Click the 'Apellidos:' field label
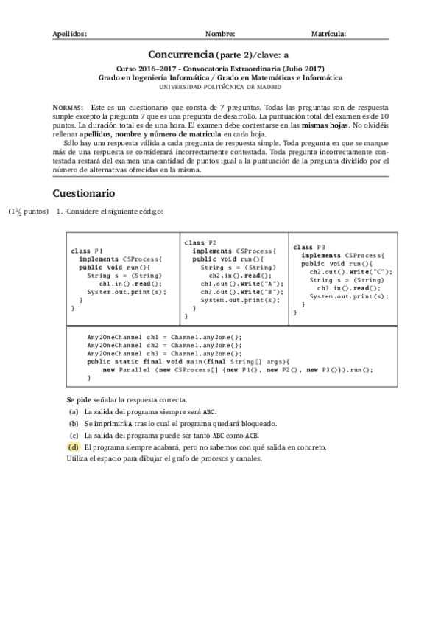pos(71,34)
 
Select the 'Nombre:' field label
pos(220,34)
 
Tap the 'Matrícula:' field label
pos(329,34)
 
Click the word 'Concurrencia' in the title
pos(180,54)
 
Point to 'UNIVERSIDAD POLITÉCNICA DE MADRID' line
pos(220,86)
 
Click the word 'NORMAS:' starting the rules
pos(69,107)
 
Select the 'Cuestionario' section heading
pos(84,193)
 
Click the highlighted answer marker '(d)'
pos(73,447)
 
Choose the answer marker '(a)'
pos(73,412)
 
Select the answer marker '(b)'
pos(73,424)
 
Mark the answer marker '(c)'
pos(73,436)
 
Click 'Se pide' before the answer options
pos(78,398)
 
